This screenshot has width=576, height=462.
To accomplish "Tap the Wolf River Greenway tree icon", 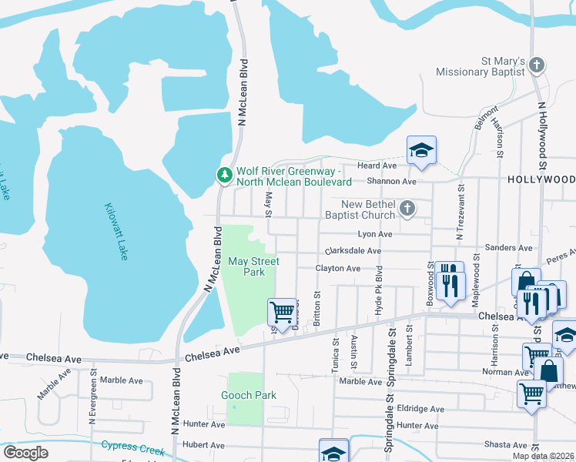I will [224, 176].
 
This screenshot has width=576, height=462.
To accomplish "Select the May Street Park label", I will [253, 266].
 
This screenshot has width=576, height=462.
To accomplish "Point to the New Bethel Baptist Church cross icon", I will [407, 209].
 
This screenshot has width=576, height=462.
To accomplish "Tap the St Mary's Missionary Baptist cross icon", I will [537, 65].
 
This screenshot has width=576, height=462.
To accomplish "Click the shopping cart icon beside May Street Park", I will [282, 312].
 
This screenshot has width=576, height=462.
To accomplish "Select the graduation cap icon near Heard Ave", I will [421, 150].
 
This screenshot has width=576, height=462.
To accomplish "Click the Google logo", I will [25, 453].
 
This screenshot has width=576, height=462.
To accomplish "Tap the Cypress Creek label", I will [132, 447].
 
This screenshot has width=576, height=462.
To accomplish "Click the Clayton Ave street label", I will [337, 269].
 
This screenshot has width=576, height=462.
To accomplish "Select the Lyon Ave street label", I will [375, 234].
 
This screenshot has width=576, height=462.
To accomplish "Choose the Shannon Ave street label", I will [391, 182].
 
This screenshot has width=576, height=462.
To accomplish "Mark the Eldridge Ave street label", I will [421, 409].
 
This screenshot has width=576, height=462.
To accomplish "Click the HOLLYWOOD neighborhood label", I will [541, 179].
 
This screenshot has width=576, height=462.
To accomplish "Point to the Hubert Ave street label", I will [203, 445].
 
